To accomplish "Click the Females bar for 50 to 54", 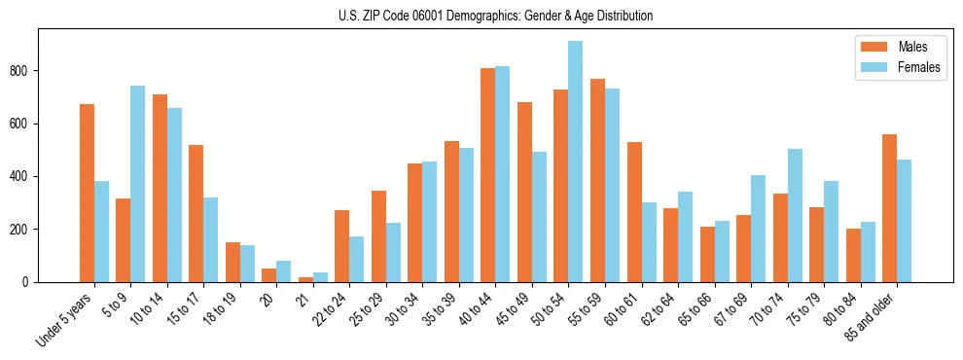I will point(576,162).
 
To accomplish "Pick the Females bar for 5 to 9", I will point(137,184).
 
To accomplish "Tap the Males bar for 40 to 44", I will point(488,175).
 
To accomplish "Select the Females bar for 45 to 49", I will point(539,217).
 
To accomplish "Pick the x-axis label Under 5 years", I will point(65,319).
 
